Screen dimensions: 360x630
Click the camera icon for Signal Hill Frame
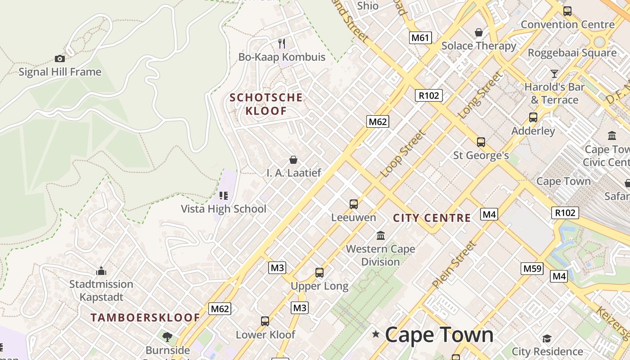point(59,58)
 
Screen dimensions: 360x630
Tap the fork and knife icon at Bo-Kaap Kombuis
point(282,44)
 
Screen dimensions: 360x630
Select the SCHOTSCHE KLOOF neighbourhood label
point(266,104)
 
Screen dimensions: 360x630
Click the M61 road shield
point(420,37)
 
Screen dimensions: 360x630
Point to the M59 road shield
point(532,269)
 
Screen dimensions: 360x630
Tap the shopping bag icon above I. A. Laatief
point(293,160)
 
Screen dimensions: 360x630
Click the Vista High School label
point(224,209)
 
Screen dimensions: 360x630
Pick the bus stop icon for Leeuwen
point(354,204)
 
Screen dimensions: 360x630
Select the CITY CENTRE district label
point(432,218)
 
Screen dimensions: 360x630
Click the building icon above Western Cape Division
point(381,235)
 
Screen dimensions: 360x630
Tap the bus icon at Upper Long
point(319,273)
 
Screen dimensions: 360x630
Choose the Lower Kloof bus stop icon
point(265,321)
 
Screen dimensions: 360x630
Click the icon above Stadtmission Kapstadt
point(101,271)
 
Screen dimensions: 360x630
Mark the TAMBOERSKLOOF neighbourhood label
point(145,318)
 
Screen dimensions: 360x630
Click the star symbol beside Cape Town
point(376,334)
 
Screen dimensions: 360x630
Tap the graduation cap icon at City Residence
point(547,338)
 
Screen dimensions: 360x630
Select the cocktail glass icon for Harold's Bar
point(554,73)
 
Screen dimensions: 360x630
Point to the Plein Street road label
point(454,265)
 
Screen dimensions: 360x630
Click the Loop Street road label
point(403,153)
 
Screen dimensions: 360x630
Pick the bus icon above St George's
point(481,142)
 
